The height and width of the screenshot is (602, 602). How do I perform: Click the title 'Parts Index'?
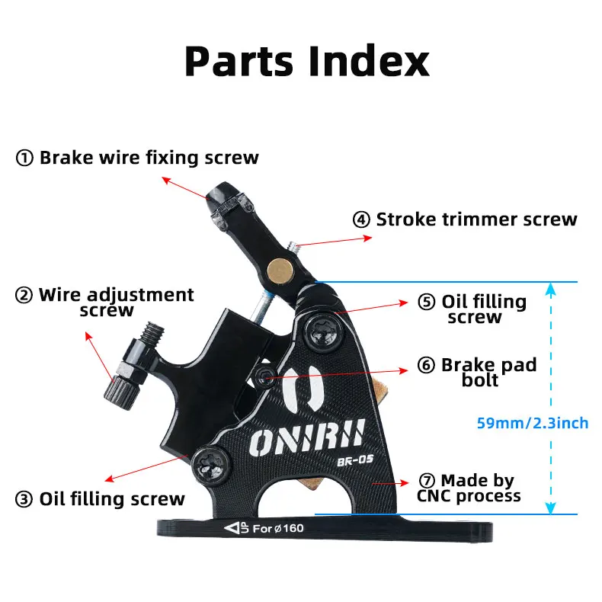(307, 62)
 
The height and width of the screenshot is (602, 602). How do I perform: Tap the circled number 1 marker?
(24, 158)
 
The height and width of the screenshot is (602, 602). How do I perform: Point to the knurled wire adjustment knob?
(120, 392)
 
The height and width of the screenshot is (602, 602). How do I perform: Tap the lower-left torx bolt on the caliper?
(211, 466)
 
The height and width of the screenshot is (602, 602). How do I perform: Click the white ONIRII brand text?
(306, 437)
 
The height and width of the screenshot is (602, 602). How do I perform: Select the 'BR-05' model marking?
(355, 460)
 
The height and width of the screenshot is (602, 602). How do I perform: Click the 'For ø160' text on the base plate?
(278, 529)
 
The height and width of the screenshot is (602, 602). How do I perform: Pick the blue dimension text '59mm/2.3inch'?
(533, 423)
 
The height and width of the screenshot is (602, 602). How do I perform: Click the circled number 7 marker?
(427, 480)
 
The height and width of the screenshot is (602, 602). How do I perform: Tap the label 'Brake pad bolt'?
(488, 372)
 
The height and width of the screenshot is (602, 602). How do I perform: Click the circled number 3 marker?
(24, 499)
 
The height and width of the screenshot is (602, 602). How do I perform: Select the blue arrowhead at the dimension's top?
(550, 290)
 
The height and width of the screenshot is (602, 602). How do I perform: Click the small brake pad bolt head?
(264, 377)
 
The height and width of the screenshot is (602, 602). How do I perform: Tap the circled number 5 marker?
(427, 302)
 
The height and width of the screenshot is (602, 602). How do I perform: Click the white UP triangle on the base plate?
(232, 529)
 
